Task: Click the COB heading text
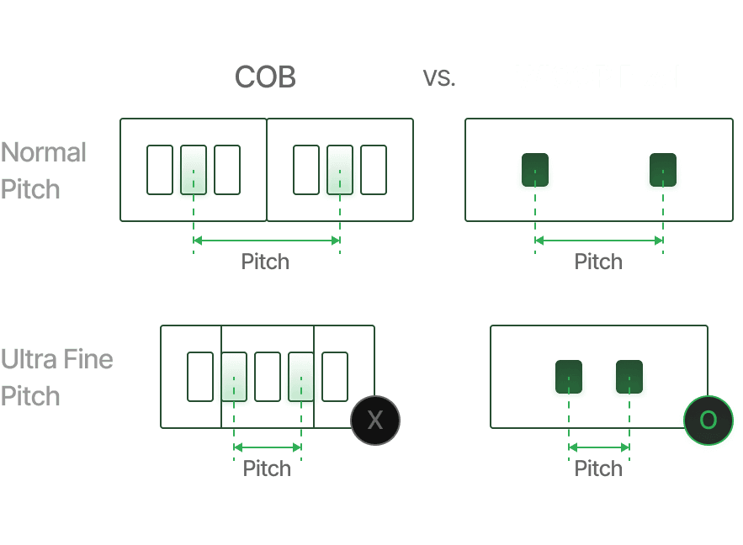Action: [265, 77]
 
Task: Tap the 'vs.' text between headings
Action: [438, 77]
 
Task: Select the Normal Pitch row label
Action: [44, 171]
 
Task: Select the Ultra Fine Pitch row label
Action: [56, 378]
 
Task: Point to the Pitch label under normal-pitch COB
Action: [265, 262]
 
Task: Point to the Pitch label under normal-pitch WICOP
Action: [598, 262]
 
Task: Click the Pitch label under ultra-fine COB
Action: [267, 468]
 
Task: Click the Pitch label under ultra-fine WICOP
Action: [598, 468]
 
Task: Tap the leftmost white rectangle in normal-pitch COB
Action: [160, 170]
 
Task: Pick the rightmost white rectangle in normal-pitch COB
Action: [374, 170]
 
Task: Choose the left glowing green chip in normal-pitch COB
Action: [194, 171]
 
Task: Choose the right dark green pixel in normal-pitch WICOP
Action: [663, 170]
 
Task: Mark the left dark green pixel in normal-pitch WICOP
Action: [534, 170]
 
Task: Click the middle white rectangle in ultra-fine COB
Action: [268, 377]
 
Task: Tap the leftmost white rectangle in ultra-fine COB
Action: [200, 377]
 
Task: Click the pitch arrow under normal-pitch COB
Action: [267, 241]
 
